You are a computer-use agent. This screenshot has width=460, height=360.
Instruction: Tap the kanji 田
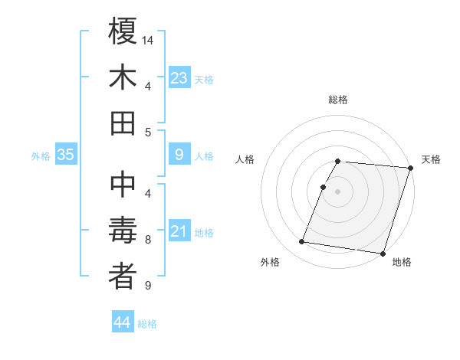pos(123,123)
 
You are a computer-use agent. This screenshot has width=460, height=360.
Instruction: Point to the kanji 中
pos(123,185)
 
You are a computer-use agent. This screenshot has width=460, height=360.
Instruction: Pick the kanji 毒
pos(123,231)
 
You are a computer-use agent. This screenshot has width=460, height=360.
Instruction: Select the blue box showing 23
pos(179,77)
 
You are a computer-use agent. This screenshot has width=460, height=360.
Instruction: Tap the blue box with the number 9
pos(179,155)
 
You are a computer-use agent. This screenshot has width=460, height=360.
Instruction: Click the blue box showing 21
pos(179,231)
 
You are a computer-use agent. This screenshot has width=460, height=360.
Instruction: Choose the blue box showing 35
pos(66,155)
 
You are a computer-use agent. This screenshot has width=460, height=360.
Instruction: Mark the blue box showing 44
pos(123,323)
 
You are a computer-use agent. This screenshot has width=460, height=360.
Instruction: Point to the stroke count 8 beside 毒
pos(148,240)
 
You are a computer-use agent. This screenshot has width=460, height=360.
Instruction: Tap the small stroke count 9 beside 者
pos(148,286)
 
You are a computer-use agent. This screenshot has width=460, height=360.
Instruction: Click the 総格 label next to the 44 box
pos(147,325)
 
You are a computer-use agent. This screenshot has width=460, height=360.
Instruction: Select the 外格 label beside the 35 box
pos(41,156)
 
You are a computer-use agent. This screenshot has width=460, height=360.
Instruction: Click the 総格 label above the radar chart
pos(338,100)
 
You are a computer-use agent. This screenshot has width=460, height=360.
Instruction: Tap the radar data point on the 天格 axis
pos(410,168)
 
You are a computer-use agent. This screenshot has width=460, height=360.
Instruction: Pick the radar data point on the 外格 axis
pos(302,242)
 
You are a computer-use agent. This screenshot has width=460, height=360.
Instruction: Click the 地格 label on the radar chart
pos(402,263)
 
